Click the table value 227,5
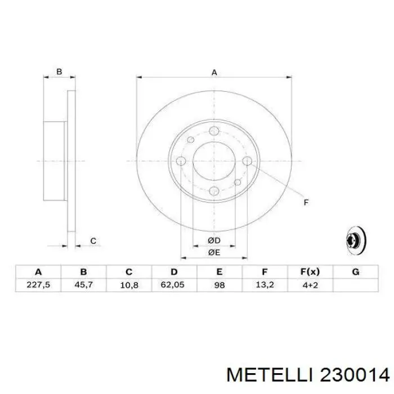(x=39, y=285)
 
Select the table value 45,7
(x=84, y=285)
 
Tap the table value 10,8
(x=129, y=285)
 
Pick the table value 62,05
(x=174, y=285)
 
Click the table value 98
(x=219, y=285)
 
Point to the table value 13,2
(x=265, y=285)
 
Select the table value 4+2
(x=310, y=285)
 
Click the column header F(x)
(x=310, y=272)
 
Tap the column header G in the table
(x=355, y=272)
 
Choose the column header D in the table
(x=174, y=272)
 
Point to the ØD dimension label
(x=213, y=241)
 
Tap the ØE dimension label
(x=213, y=253)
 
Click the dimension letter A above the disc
(x=214, y=72)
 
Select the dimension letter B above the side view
(x=59, y=72)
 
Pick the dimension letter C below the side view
(x=93, y=241)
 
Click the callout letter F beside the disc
(x=306, y=202)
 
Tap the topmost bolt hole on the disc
(x=213, y=131)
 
